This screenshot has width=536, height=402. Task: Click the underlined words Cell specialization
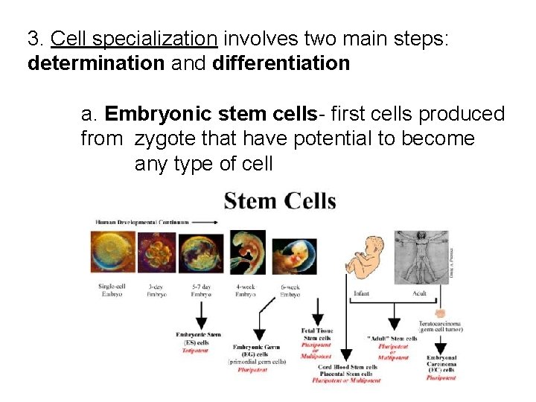[x=134, y=38]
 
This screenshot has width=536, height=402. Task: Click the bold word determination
[x=95, y=63]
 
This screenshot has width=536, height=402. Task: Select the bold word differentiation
[x=281, y=63]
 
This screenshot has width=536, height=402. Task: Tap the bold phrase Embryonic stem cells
[x=211, y=114]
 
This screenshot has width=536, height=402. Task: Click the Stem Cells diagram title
[x=280, y=201]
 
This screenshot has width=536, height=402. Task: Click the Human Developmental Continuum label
[x=141, y=222]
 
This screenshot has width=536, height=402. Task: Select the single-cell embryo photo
[x=112, y=252]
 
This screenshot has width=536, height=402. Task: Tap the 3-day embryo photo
[x=156, y=252]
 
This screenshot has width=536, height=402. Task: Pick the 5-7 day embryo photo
[x=201, y=252]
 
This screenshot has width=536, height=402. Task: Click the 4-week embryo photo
[x=246, y=252]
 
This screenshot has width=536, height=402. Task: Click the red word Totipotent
[x=196, y=350]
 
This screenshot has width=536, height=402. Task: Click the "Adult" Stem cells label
[x=392, y=338]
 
